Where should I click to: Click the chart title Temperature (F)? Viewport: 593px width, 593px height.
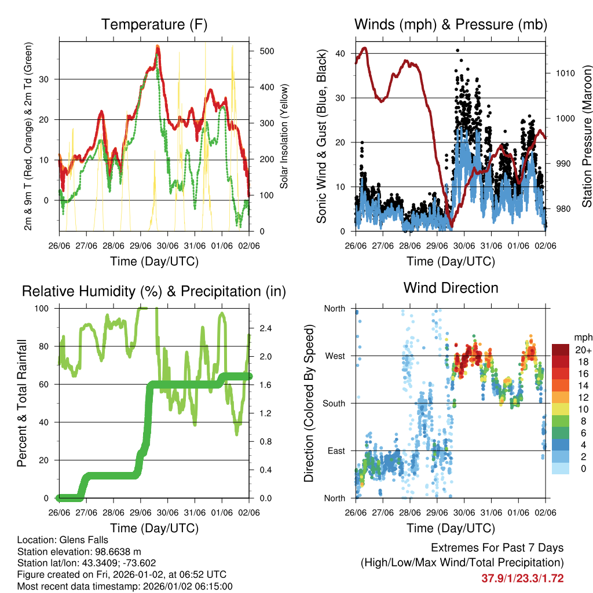coord(154,24)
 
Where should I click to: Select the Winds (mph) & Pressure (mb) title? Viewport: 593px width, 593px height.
coord(451,24)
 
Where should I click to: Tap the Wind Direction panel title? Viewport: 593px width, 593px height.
coord(451,287)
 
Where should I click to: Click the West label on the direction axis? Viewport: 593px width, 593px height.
coord(335,356)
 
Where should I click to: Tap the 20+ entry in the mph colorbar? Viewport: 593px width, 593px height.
coord(582,350)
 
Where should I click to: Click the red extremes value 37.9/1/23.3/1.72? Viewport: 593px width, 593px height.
coord(522,579)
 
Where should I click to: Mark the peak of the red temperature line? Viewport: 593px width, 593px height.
coord(158,48)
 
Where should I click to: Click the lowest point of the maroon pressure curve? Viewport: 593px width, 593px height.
coord(451,226)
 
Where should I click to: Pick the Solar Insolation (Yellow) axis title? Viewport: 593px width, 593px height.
coord(284,136)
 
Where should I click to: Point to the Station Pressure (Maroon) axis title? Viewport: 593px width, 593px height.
coord(586,136)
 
